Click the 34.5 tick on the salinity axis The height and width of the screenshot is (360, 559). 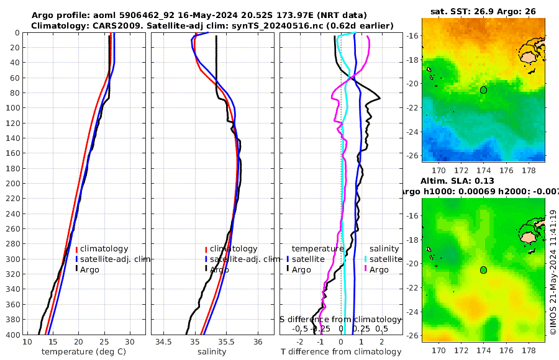tap(164, 342)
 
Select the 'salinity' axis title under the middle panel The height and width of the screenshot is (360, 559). tap(211, 352)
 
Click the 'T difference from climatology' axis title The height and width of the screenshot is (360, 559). tap(342, 352)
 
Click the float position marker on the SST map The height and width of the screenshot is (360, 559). tap(483, 90)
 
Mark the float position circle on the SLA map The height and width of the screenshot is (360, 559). tap(483, 270)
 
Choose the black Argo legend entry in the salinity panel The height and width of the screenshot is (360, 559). tap(206, 269)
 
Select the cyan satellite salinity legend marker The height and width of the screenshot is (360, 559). tap(366, 259)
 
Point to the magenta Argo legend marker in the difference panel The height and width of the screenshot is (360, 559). tap(366, 269)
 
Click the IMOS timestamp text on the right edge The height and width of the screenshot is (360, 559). tap(553, 273)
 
